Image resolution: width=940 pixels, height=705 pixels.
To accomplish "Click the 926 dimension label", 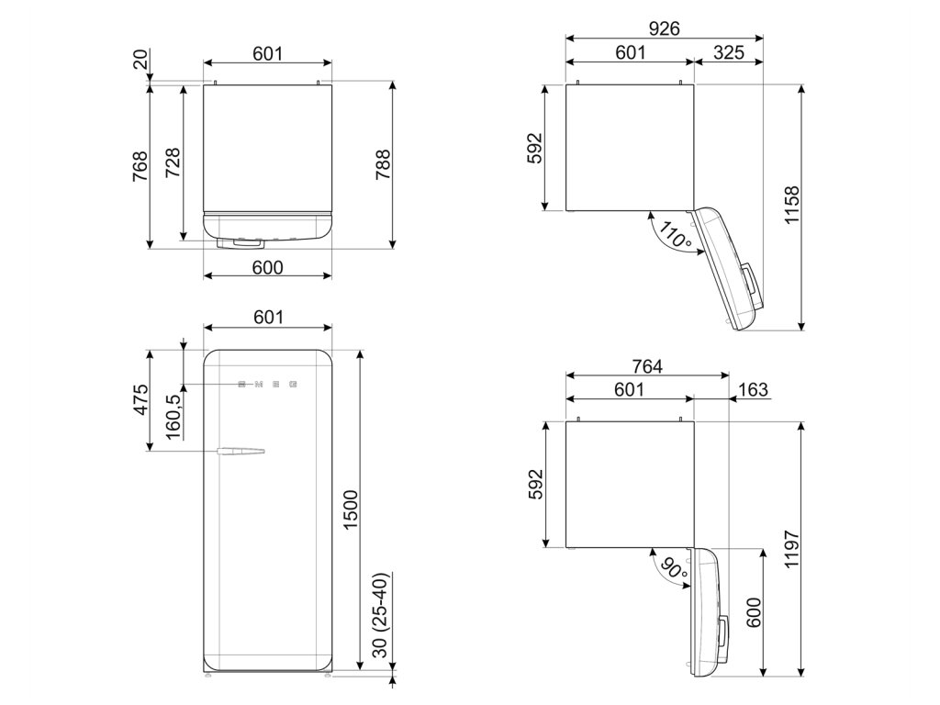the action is pyautogui.click(x=664, y=28).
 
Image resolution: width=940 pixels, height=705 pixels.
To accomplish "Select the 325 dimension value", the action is pyautogui.click(x=728, y=53).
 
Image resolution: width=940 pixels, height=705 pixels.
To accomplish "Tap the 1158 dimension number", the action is pyautogui.click(x=793, y=207).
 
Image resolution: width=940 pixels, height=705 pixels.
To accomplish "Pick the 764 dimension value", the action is pyautogui.click(x=646, y=365).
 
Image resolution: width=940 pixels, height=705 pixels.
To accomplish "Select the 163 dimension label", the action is pyautogui.click(x=752, y=390).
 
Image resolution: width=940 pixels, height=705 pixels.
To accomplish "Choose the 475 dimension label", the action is pyautogui.click(x=141, y=399).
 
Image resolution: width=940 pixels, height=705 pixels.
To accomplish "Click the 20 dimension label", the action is pyautogui.click(x=140, y=60).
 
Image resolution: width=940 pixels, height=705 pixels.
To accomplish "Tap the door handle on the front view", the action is pyautogui.click(x=241, y=451).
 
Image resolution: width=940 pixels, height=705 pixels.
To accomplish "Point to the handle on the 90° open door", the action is pyautogui.click(x=725, y=632).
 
